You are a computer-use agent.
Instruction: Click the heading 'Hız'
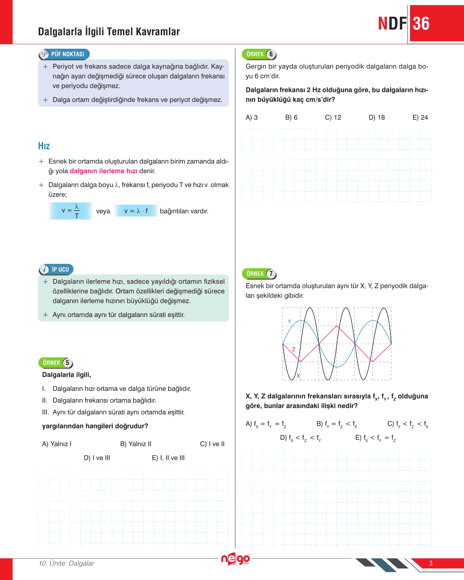click(44, 146)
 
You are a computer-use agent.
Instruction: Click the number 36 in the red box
click(421, 24)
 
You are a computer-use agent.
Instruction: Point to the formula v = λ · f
click(136, 211)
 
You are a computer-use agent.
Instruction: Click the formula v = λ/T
click(71, 211)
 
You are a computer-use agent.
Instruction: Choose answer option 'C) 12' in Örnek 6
click(333, 118)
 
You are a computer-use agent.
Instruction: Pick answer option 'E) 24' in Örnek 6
click(420, 118)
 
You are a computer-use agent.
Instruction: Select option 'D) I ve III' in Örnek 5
click(97, 458)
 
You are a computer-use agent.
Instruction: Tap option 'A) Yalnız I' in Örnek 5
click(57, 444)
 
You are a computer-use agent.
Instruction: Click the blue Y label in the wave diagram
click(289, 322)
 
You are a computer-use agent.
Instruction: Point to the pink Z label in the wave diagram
click(294, 349)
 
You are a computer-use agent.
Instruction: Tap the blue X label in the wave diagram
click(298, 376)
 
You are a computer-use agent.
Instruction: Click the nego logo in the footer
click(236, 559)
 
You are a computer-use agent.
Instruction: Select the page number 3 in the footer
click(431, 563)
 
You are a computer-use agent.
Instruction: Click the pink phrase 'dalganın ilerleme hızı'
click(103, 171)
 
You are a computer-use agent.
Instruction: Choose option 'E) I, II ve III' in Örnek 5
click(168, 458)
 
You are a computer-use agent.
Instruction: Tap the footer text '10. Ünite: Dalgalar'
click(66, 563)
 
